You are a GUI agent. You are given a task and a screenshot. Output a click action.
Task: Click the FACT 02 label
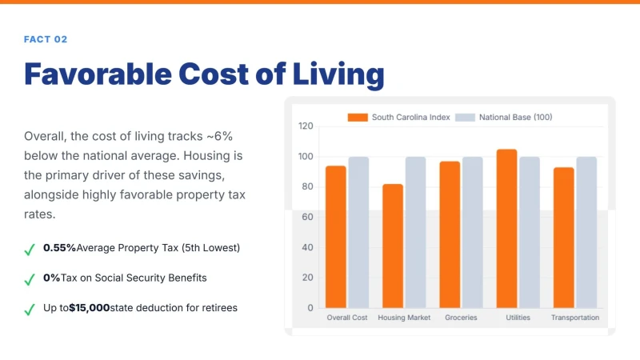pyautogui.click(x=46, y=39)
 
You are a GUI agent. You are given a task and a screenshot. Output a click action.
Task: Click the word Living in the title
pyautogui.click(x=338, y=74)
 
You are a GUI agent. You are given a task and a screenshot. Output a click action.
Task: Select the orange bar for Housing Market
pyautogui.click(x=393, y=246)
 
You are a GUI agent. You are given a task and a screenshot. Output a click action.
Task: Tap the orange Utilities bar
pyautogui.click(x=506, y=229)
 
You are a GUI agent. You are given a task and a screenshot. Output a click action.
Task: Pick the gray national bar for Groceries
pyautogui.click(x=472, y=232)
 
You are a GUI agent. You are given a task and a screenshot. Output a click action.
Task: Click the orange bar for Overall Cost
pyautogui.click(x=335, y=237)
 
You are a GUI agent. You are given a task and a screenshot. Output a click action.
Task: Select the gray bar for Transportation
pyautogui.click(x=586, y=232)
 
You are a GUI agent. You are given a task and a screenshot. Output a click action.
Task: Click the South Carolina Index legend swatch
pyautogui.click(x=358, y=118)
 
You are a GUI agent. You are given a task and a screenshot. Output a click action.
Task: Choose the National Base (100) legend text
pyautogui.click(x=515, y=117)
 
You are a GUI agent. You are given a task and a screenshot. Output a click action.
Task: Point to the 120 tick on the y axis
pyautogui.click(x=306, y=126)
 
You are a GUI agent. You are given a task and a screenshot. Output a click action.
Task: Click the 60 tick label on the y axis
pyautogui.click(x=307, y=217)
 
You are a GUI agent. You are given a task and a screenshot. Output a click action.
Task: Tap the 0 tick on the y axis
pyautogui.click(x=310, y=308)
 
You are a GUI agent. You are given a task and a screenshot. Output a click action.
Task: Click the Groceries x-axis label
pyautogui.click(x=461, y=318)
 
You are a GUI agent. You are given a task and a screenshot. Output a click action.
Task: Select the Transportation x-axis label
pyautogui.click(x=575, y=318)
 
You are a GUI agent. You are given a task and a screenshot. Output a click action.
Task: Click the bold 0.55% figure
pyautogui.click(x=59, y=248)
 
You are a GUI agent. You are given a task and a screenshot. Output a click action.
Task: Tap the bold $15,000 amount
pyautogui.click(x=90, y=308)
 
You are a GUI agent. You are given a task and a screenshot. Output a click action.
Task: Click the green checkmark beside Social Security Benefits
pyautogui.click(x=30, y=279)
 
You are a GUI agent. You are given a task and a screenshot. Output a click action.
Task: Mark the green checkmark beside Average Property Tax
pyautogui.click(x=30, y=250)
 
